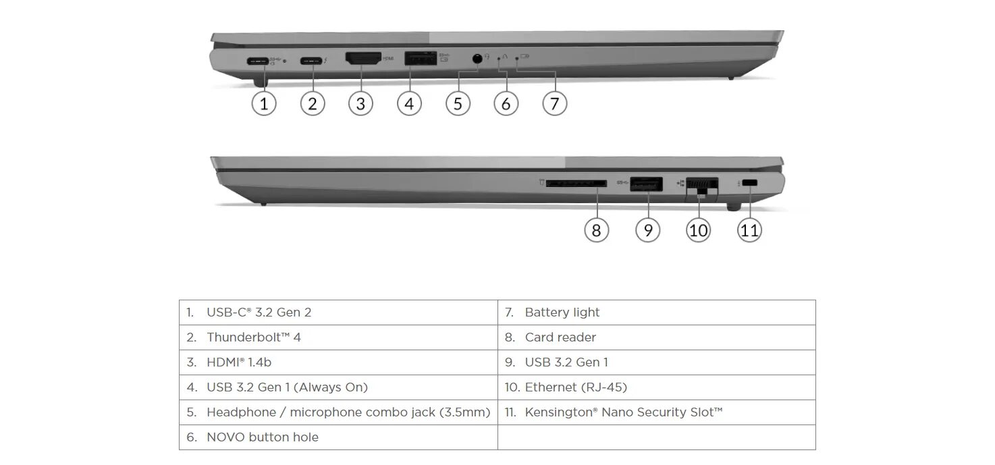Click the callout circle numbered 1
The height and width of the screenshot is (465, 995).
tap(264, 103)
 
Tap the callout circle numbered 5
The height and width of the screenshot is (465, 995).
tap(458, 103)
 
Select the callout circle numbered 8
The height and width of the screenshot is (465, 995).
tap(596, 230)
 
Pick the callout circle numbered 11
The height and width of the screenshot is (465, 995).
tap(749, 230)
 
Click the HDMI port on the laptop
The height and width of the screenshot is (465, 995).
tap(363, 59)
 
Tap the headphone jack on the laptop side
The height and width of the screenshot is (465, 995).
tap(478, 59)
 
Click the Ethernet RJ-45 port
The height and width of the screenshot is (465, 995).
tap(701, 184)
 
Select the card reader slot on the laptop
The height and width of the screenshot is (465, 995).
tap(576, 183)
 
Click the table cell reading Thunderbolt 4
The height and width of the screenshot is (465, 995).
tap(254, 337)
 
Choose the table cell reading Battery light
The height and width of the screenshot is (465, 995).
tap(562, 312)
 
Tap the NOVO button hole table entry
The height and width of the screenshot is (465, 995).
tap(262, 437)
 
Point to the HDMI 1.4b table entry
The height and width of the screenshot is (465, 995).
tap(239, 362)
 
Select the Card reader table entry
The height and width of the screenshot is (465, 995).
tap(560, 337)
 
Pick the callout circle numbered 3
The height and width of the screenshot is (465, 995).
tap(360, 103)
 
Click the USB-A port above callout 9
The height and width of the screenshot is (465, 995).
tap(645, 183)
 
